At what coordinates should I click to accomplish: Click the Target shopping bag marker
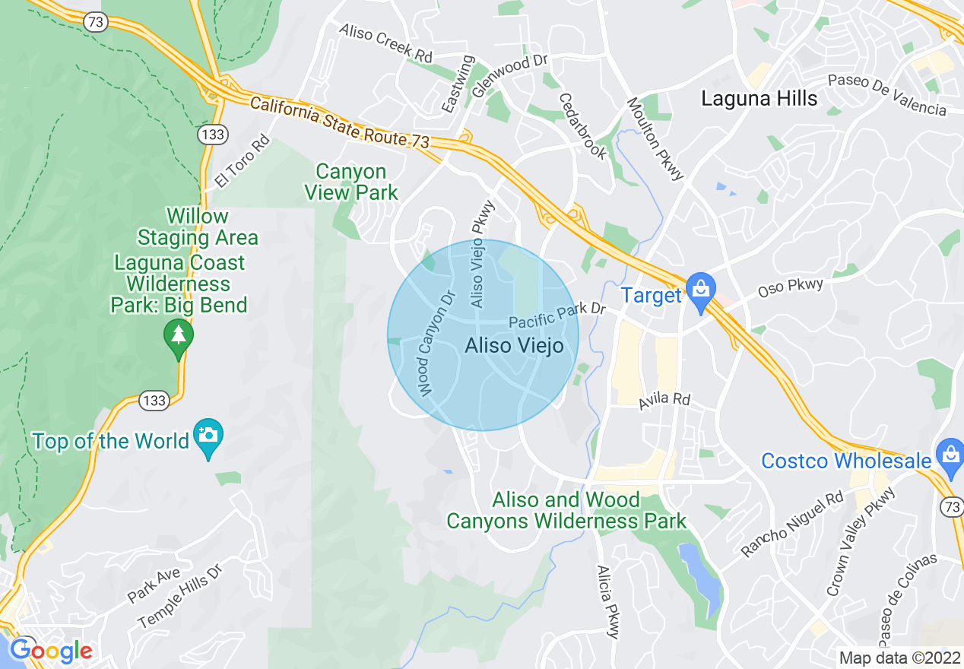coord(699,290)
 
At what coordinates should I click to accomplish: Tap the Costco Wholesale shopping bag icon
coord(950,455)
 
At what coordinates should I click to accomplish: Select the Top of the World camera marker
coord(208,436)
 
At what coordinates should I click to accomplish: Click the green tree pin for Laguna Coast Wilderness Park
coord(179,335)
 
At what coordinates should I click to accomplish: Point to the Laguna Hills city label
coord(759,98)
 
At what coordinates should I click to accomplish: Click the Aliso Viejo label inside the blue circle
coord(514,347)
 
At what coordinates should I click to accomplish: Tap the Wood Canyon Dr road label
coord(436,343)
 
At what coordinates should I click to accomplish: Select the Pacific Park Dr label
coord(557,315)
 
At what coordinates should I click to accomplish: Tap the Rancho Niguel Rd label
coord(793,525)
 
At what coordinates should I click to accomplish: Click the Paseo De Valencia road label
coord(887,95)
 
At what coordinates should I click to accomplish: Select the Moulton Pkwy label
coord(655,139)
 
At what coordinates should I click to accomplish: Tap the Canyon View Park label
coord(351,182)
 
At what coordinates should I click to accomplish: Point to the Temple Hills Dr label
coord(182,596)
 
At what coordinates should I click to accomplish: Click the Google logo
coord(50,651)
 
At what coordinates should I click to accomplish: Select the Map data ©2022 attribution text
coord(899,658)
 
